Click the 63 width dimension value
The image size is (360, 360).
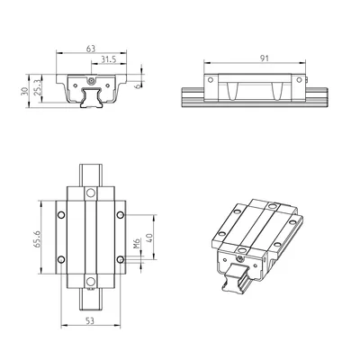(x=91, y=49)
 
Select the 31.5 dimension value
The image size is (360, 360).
(x=108, y=59)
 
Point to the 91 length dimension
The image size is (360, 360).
(x=264, y=58)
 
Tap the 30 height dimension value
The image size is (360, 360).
(x=24, y=91)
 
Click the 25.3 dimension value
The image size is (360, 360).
(x=37, y=87)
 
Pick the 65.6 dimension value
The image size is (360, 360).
(x=37, y=239)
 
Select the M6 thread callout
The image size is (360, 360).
(x=137, y=244)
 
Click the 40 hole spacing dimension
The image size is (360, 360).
(x=149, y=238)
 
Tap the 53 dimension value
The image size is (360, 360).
(x=90, y=321)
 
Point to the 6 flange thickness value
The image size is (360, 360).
(x=138, y=86)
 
